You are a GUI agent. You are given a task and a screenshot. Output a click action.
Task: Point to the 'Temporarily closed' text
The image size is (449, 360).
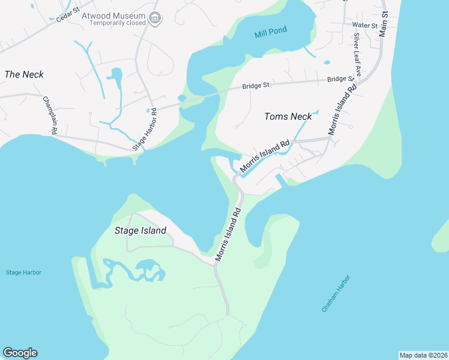(118, 23)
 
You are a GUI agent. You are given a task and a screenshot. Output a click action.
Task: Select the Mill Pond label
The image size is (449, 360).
(270, 31)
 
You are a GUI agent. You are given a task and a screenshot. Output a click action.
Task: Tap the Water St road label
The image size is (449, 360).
(364, 25)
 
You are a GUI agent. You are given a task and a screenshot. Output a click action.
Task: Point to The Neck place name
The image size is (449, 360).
(24, 74)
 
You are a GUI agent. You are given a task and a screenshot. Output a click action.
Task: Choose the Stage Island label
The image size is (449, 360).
(140, 230)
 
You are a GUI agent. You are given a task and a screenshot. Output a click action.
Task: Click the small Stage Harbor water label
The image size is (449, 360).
(24, 272)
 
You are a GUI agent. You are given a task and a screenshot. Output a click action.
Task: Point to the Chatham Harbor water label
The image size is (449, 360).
(335, 293)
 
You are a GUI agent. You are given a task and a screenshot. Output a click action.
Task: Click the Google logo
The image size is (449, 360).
(20, 353)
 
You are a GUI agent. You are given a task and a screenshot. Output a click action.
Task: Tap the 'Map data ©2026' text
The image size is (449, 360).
(423, 355)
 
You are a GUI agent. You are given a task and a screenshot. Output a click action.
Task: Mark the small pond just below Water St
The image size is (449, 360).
(327, 62)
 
